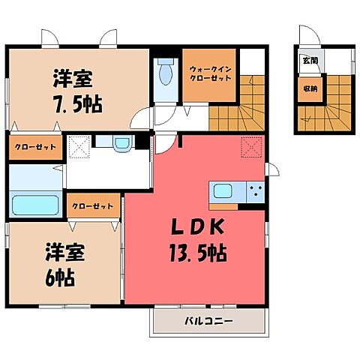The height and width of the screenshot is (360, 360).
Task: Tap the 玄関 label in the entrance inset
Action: pyautogui.click(x=309, y=61)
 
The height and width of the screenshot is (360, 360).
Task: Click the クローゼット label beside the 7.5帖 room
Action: pyautogui.click(x=35, y=148)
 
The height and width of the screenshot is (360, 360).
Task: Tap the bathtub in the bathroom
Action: pyautogui.click(x=35, y=205)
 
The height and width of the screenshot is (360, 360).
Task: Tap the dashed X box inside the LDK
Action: pyautogui.click(x=250, y=148)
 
